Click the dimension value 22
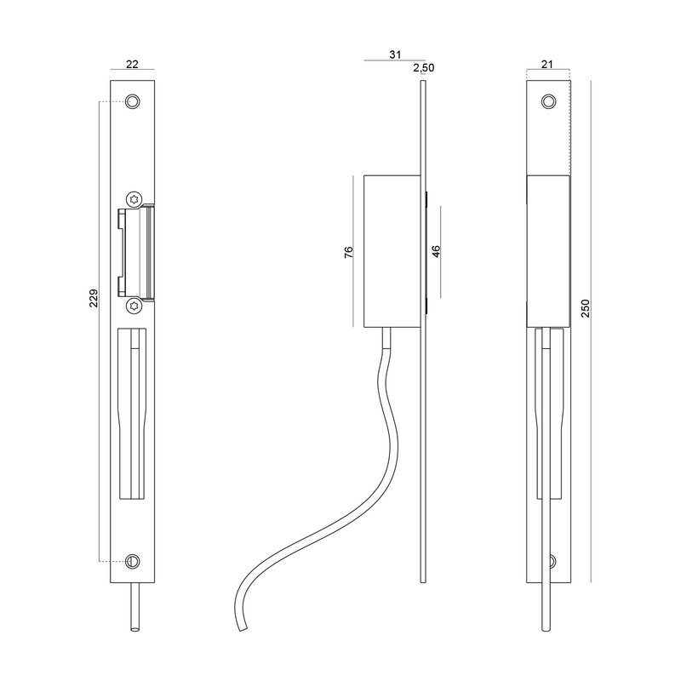132,64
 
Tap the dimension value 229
94,298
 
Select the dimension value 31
395,54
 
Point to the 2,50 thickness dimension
423,68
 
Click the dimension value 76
349,252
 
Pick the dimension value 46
436,251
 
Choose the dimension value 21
547,64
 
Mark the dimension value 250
586,308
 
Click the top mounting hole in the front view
133,101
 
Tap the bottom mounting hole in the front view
133,561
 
